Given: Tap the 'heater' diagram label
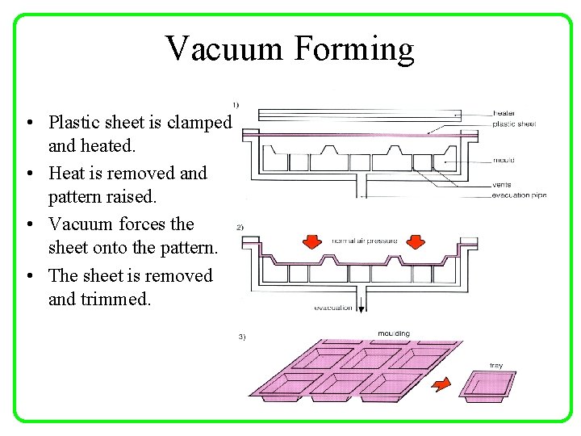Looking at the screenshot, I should click(x=504, y=114).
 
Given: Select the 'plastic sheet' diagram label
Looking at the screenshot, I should click(x=513, y=124).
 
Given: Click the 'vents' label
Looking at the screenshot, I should click(x=501, y=185).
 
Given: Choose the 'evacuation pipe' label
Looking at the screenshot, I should click(x=519, y=195).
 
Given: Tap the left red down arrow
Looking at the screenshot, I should click(x=309, y=242).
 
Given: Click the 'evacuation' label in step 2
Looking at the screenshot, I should click(x=333, y=308).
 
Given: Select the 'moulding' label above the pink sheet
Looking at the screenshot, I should click(x=394, y=333).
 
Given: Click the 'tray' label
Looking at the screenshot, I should click(x=496, y=366).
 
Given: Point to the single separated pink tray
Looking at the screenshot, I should click(x=487, y=385).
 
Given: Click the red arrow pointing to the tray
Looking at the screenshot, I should click(x=441, y=384).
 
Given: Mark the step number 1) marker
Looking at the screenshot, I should click(x=236, y=104).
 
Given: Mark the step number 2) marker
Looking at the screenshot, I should click(x=238, y=227).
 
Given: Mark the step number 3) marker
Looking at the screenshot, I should click(x=241, y=337).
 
